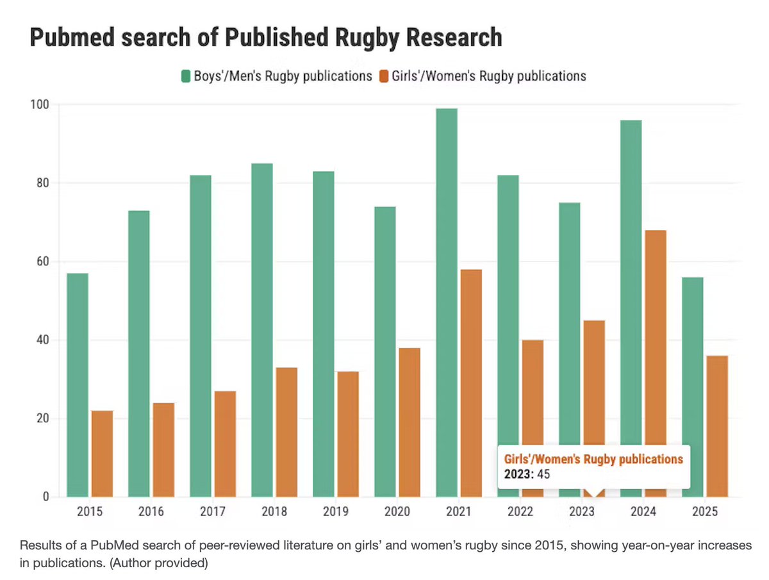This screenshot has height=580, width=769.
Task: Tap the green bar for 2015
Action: click(x=78, y=385)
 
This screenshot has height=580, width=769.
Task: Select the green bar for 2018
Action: click(x=262, y=330)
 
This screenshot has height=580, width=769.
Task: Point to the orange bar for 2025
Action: click(x=717, y=426)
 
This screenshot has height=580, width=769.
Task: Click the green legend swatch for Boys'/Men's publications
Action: click(x=186, y=76)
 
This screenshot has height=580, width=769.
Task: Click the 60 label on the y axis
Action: click(x=43, y=261)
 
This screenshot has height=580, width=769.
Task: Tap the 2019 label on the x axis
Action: click(x=336, y=512)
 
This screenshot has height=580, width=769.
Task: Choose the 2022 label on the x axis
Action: click(x=520, y=512)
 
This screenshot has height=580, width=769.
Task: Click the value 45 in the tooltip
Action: click(x=544, y=474)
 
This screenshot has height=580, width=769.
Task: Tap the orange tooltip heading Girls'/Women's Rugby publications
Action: click(x=593, y=460)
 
